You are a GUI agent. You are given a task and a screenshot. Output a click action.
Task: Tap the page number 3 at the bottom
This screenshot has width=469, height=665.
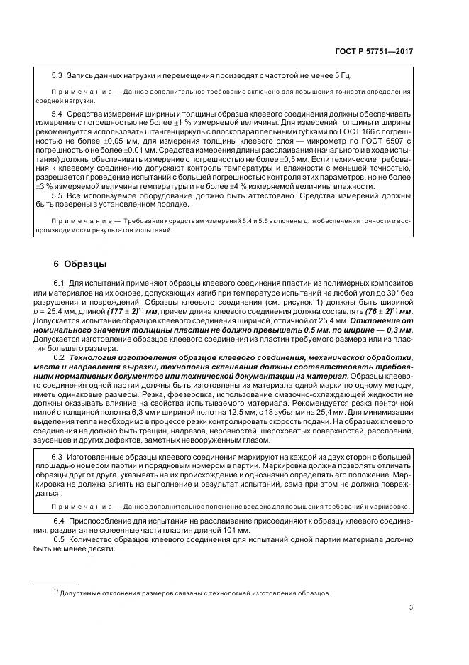412,607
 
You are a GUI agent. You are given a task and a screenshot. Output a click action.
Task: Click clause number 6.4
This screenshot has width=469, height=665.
60,521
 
